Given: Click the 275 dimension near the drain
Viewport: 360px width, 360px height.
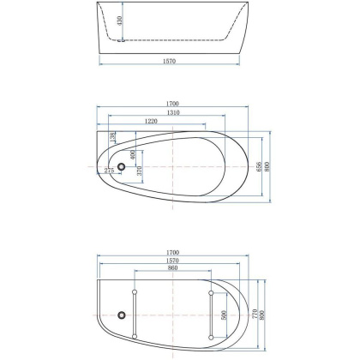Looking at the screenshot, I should click(109, 171).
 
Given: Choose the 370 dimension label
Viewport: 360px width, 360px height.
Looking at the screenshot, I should click(139, 173).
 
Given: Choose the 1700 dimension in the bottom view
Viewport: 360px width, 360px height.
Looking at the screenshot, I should click(177, 252).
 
